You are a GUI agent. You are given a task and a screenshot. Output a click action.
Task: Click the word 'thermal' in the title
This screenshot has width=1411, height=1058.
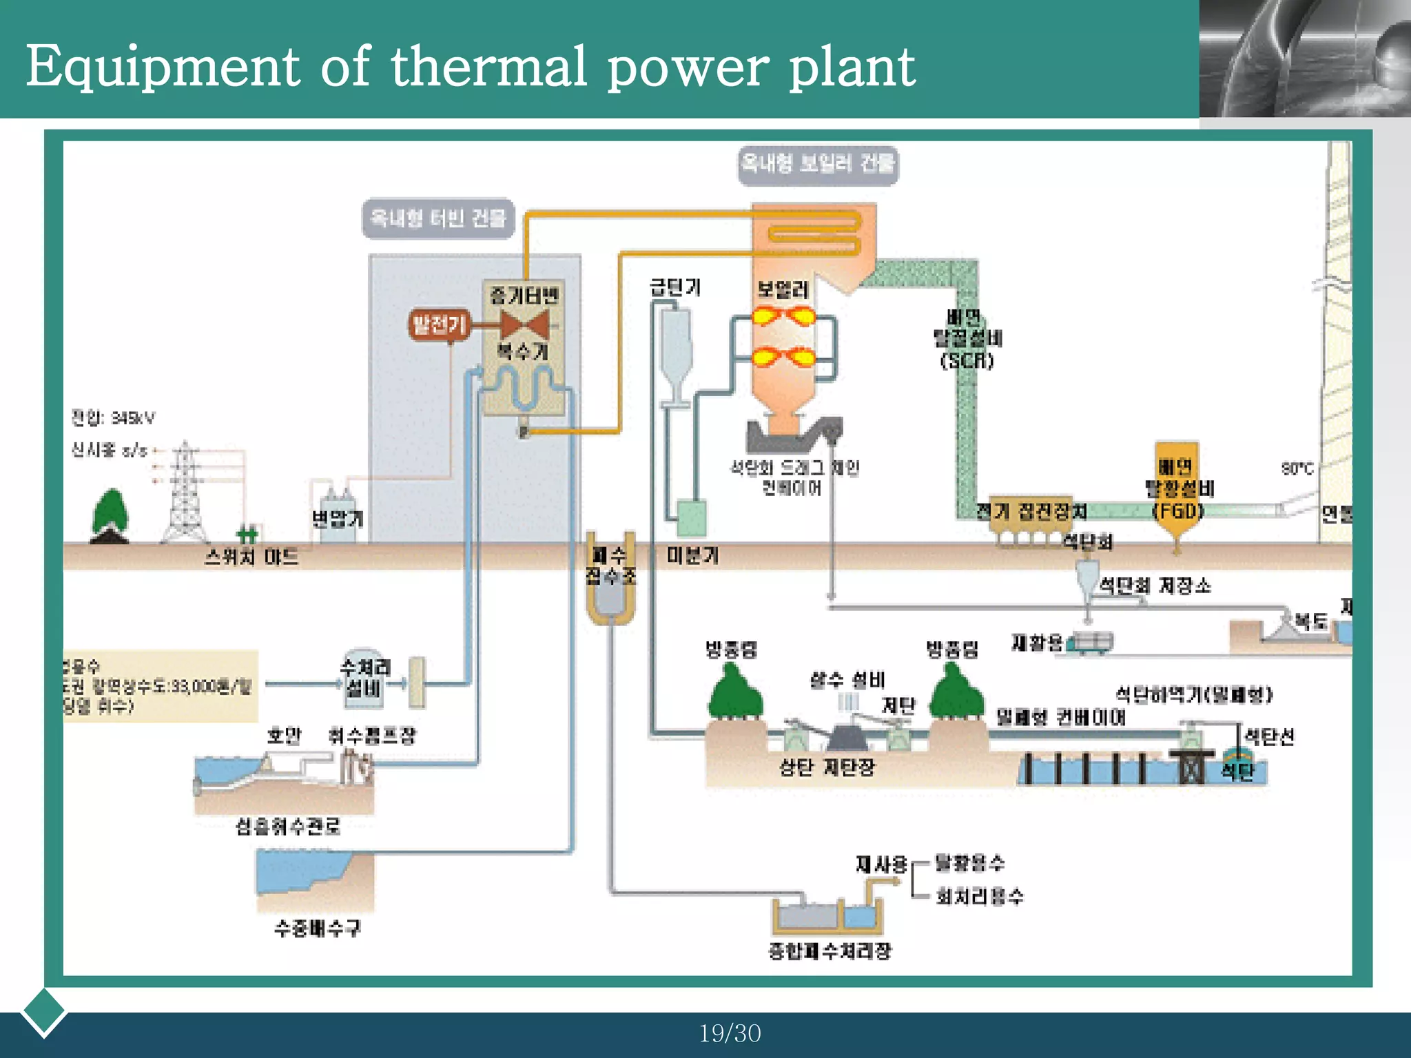488,67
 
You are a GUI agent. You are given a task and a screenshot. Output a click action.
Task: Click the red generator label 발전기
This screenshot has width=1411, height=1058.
439,324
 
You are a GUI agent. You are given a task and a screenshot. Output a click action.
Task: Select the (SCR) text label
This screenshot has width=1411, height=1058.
967,360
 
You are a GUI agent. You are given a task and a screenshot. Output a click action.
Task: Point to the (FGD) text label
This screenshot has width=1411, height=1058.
1178,510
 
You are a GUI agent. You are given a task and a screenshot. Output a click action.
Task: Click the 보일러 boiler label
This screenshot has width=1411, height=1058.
783,289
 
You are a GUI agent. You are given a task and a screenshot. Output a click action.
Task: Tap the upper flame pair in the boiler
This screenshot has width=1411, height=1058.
783,317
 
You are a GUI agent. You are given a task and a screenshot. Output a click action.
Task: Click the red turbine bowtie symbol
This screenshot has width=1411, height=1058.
524,324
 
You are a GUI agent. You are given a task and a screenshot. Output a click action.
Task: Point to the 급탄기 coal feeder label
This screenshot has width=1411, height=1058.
675,287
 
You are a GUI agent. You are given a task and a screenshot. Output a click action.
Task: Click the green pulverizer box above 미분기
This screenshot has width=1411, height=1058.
691,518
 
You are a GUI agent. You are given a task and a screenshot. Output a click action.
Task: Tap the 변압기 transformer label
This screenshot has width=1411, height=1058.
337,519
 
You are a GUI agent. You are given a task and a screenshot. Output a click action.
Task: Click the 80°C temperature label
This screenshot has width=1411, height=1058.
1297,468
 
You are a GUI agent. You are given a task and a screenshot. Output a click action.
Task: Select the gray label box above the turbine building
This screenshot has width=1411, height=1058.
438,219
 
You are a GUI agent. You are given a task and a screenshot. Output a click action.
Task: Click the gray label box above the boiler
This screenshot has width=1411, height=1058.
818,165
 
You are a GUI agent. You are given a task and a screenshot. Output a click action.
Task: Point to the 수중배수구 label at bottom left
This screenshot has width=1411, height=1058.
317,928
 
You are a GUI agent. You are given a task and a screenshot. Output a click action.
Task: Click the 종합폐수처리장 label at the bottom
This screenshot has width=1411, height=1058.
830,951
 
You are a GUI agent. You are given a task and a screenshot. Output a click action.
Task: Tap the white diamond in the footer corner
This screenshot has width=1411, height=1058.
43,1011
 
